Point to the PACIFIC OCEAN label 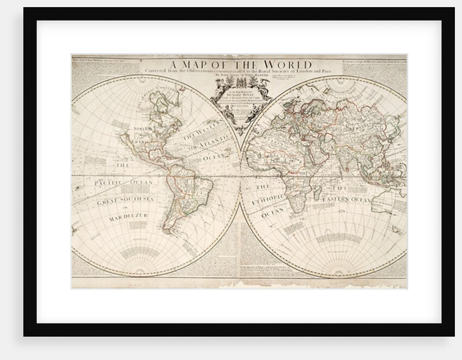click(x=123, y=183)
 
